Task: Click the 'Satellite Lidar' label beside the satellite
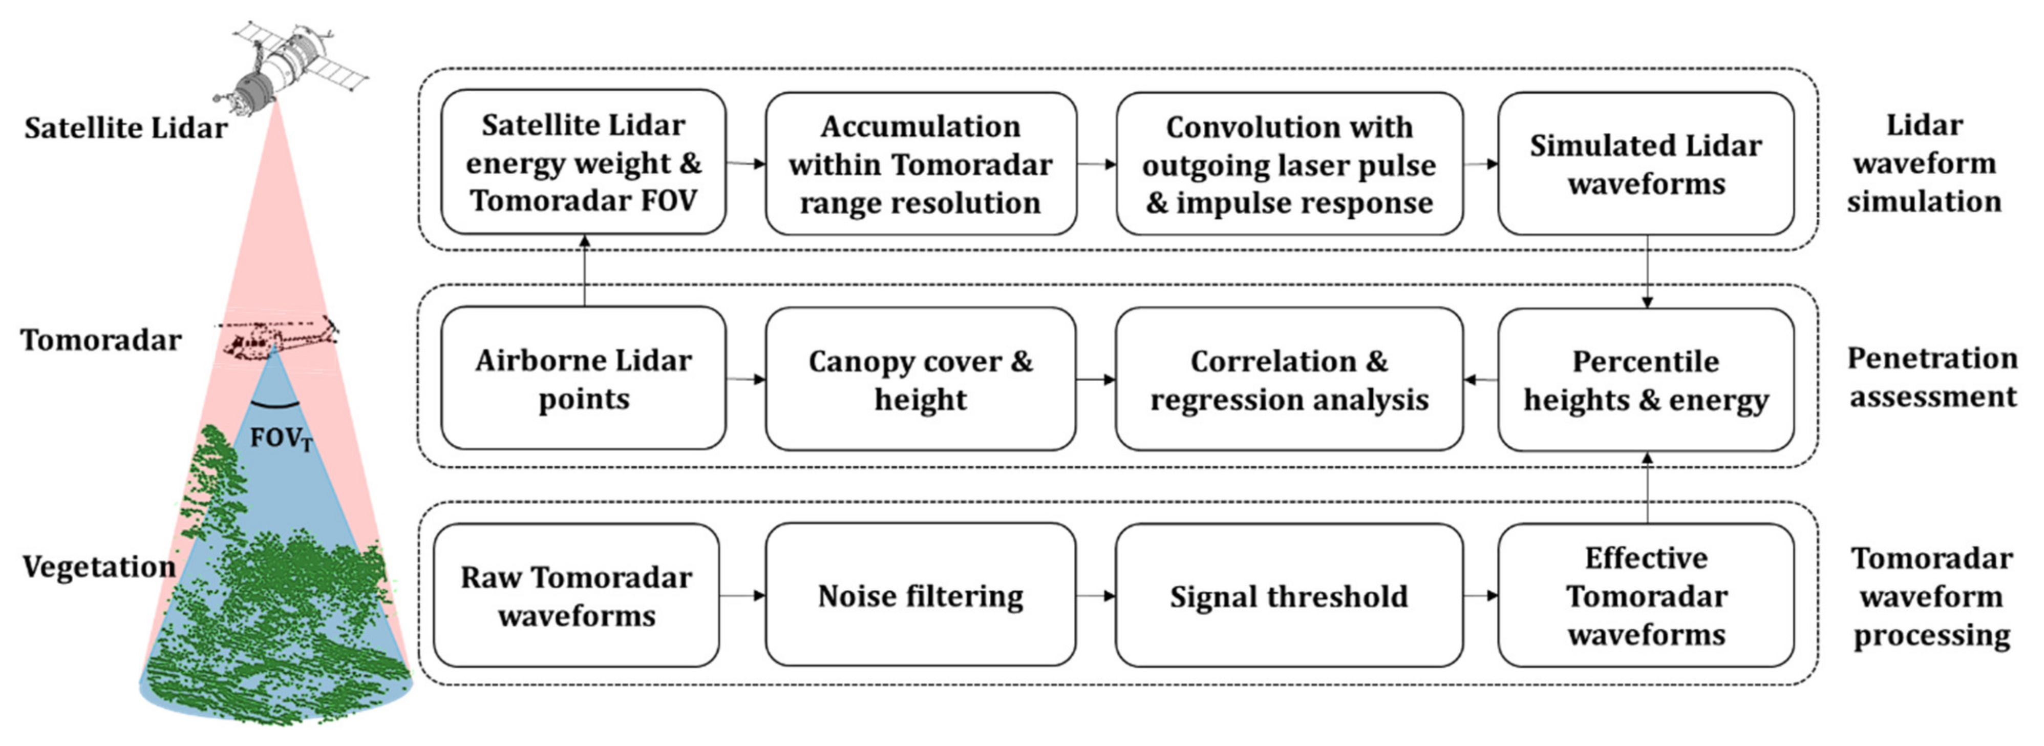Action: [x=125, y=128]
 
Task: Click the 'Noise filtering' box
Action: [x=921, y=595]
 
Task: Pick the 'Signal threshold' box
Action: [x=1289, y=595]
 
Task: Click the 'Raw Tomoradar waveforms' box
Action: [x=577, y=595]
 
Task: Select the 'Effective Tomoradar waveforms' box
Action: [x=1646, y=595]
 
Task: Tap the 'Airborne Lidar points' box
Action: [x=583, y=379]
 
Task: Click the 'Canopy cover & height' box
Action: [x=921, y=379]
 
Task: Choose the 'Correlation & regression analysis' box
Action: [x=1289, y=379]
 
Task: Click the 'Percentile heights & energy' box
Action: [x=1646, y=379]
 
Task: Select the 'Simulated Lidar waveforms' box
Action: [x=1646, y=163]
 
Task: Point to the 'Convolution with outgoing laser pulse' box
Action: [x=1289, y=163]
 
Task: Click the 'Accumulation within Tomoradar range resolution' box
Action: [x=921, y=163]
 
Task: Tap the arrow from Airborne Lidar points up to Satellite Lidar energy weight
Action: [x=585, y=271]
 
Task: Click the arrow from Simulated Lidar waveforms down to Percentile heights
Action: [x=1647, y=271]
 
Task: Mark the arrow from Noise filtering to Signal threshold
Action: [x=1096, y=595]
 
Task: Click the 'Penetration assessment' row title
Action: [x=1931, y=377]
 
